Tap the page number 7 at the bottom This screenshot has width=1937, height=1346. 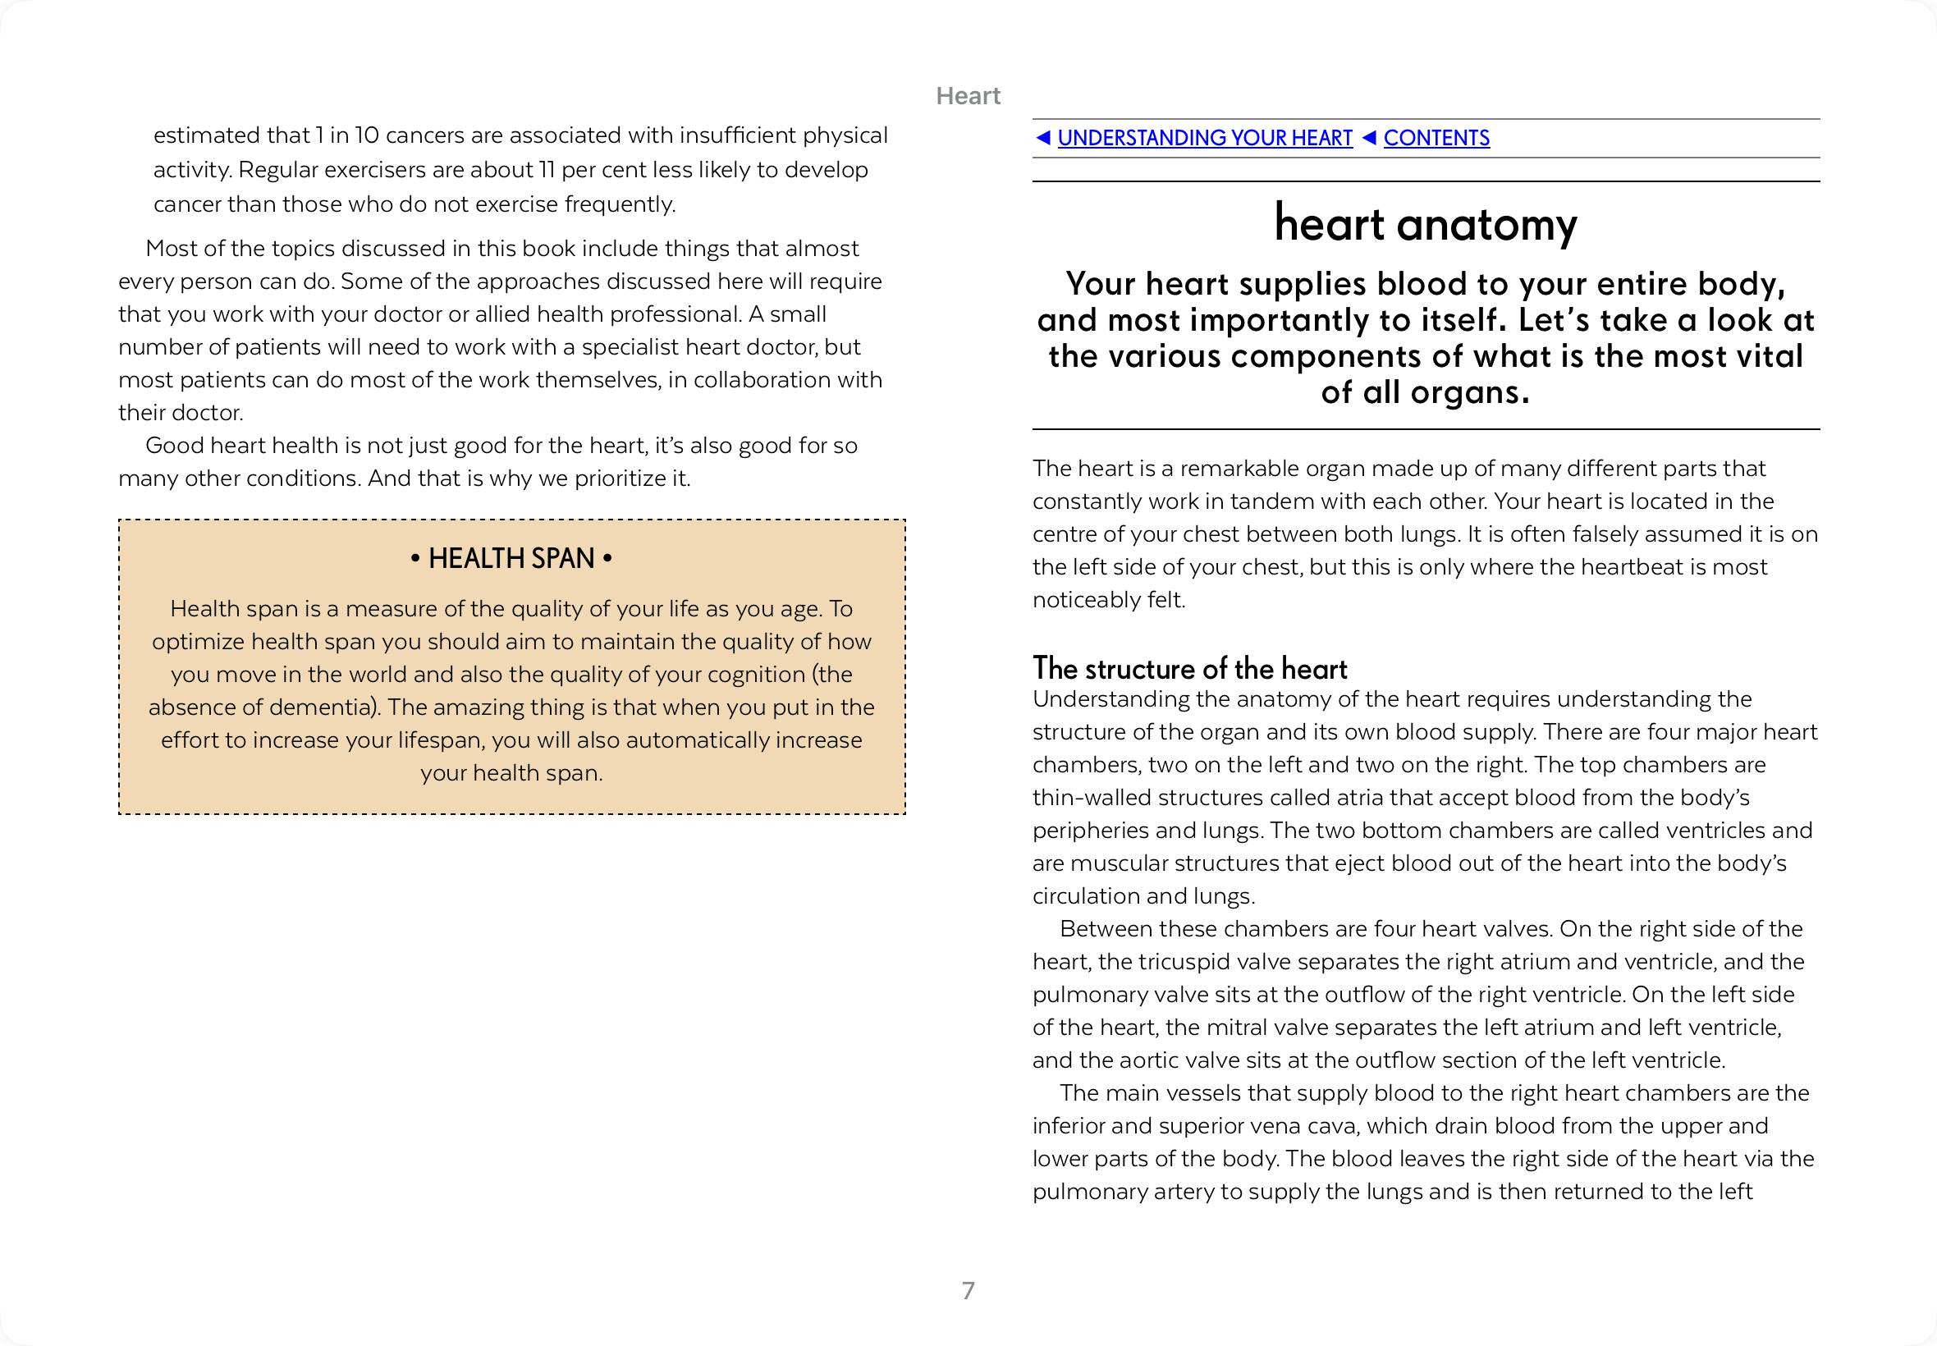(968, 1290)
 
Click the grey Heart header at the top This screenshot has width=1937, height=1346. (968, 96)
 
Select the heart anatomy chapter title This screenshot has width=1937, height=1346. (1425, 224)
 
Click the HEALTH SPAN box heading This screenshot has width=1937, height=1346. (511, 558)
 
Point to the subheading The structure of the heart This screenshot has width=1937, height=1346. (1189, 669)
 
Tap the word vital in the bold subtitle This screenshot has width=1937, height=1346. (1770, 356)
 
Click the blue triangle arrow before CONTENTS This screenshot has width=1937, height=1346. (1369, 137)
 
